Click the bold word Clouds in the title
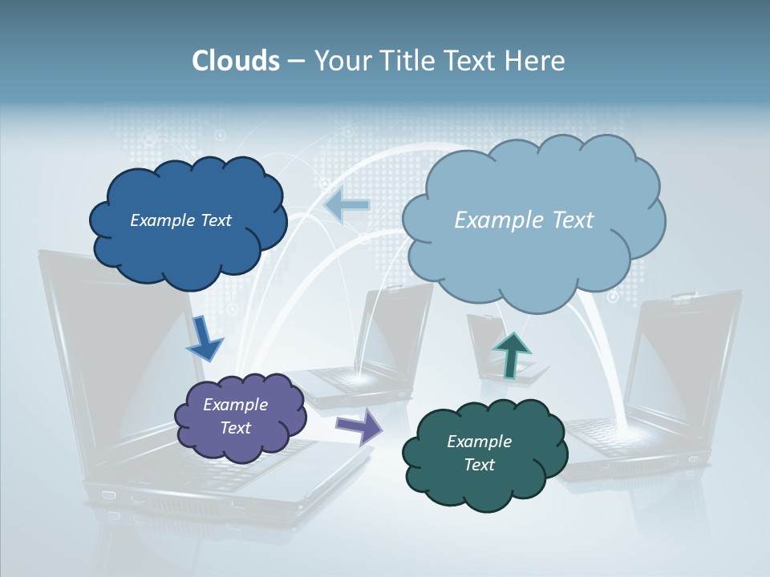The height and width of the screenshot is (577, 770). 235,61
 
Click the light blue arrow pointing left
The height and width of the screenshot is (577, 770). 346,205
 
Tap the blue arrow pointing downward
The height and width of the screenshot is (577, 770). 204,338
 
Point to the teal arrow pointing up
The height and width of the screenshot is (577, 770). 511,354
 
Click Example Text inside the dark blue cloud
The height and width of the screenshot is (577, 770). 180,220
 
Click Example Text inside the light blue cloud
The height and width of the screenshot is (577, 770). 524,220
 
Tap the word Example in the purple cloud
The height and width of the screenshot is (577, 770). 235,405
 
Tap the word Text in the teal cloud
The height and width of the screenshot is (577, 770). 479,465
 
